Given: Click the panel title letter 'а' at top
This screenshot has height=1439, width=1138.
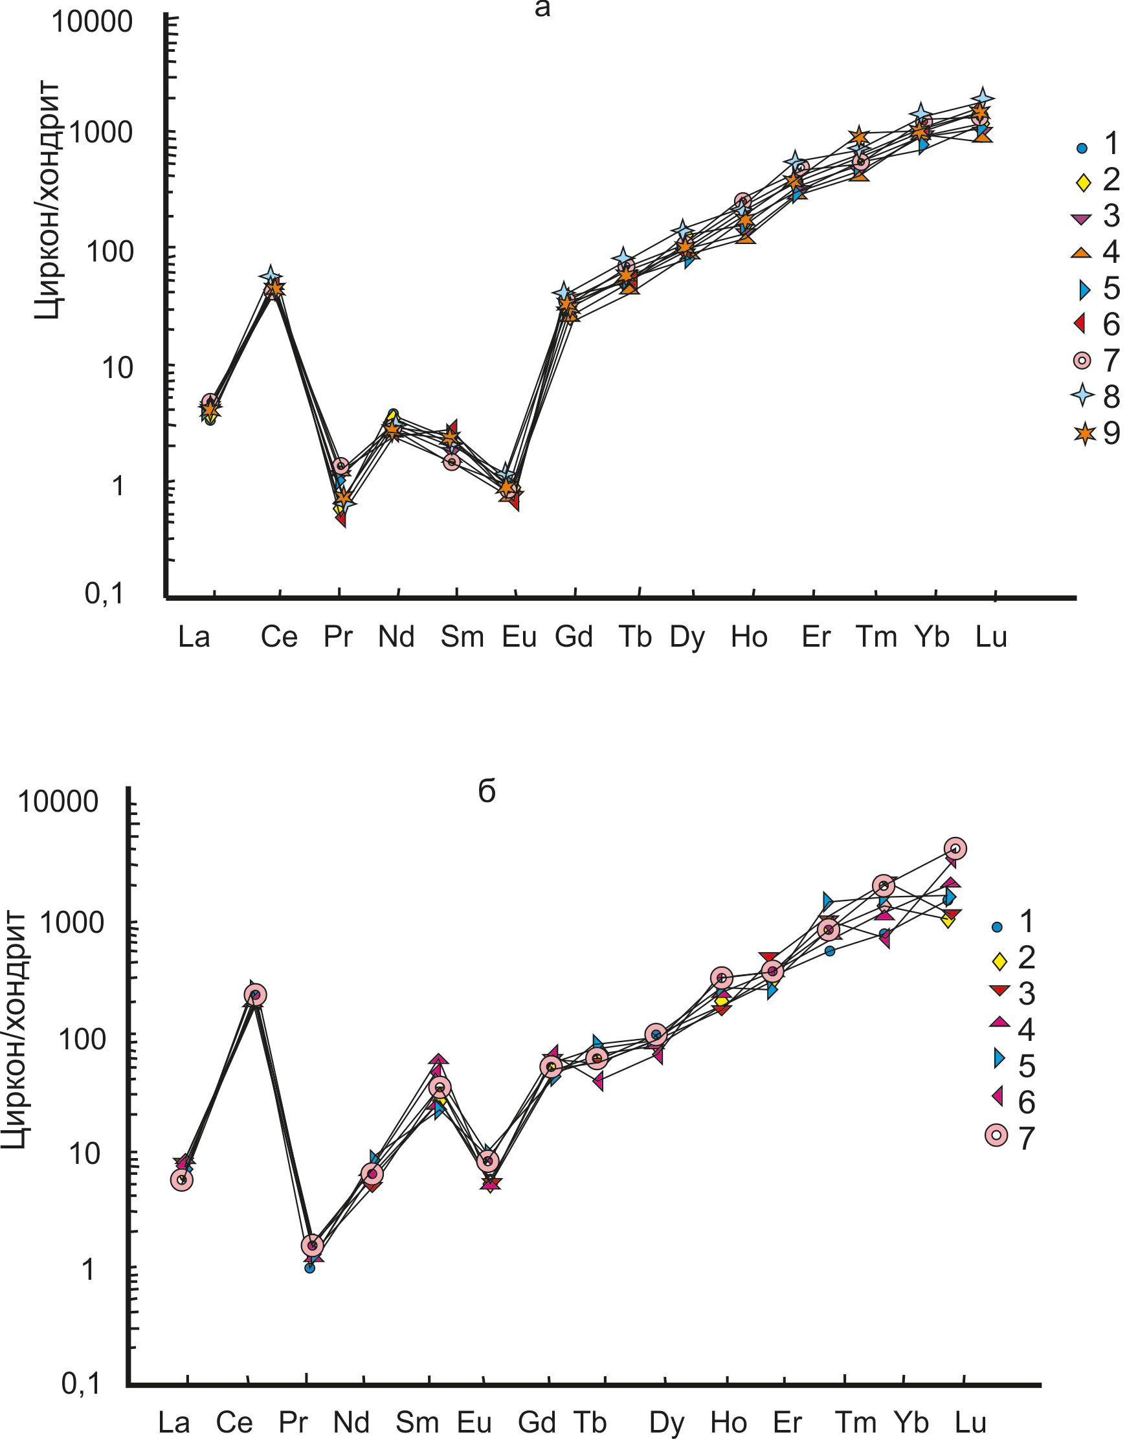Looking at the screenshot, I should tap(542, 9).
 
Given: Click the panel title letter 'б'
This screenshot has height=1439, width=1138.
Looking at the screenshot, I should tap(487, 791).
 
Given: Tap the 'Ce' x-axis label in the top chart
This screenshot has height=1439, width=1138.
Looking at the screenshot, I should tap(278, 637).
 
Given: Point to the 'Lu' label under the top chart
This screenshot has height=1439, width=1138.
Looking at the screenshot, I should tap(991, 637).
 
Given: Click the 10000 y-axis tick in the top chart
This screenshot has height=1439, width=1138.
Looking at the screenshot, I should tap(93, 22).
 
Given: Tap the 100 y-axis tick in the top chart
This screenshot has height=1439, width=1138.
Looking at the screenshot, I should tap(109, 252).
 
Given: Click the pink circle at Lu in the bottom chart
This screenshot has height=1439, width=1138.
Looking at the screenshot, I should tap(956, 849).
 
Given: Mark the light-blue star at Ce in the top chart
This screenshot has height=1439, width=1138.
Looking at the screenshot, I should tap(270, 276).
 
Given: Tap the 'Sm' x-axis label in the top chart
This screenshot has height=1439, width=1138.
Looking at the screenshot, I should tap(462, 637).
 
